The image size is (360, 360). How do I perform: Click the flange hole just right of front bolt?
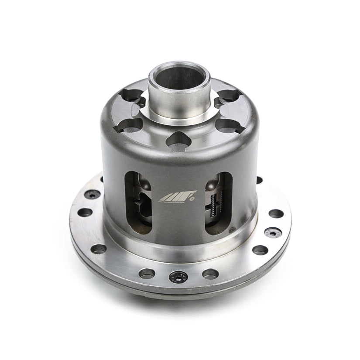click(211, 274)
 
